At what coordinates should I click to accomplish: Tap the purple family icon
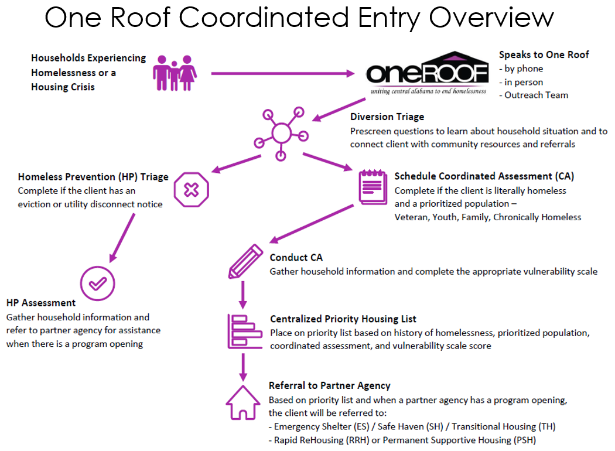pyautogui.click(x=175, y=73)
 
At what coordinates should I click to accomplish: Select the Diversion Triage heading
pyautogui.click(x=387, y=117)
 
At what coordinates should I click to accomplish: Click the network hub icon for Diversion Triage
pyautogui.click(x=281, y=133)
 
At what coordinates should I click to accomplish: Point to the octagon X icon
pyautogui.click(x=191, y=189)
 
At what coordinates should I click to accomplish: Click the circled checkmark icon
pyautogui.click(x=97, y=284)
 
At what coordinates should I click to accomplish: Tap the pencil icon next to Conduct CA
pyautogui.click(x=244, y=262)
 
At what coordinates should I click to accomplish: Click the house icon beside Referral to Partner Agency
pyautogui.click(x=242, y=402)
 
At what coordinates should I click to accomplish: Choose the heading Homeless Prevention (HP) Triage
pyautogui.click(x=93, y=176)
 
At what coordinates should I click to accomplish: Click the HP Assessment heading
pyautogui.click(x=41, y=303)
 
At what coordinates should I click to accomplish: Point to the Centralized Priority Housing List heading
pyautogui.click(x=343, y=319)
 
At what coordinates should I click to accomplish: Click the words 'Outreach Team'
pyautogui.click(x=537, y=95)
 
